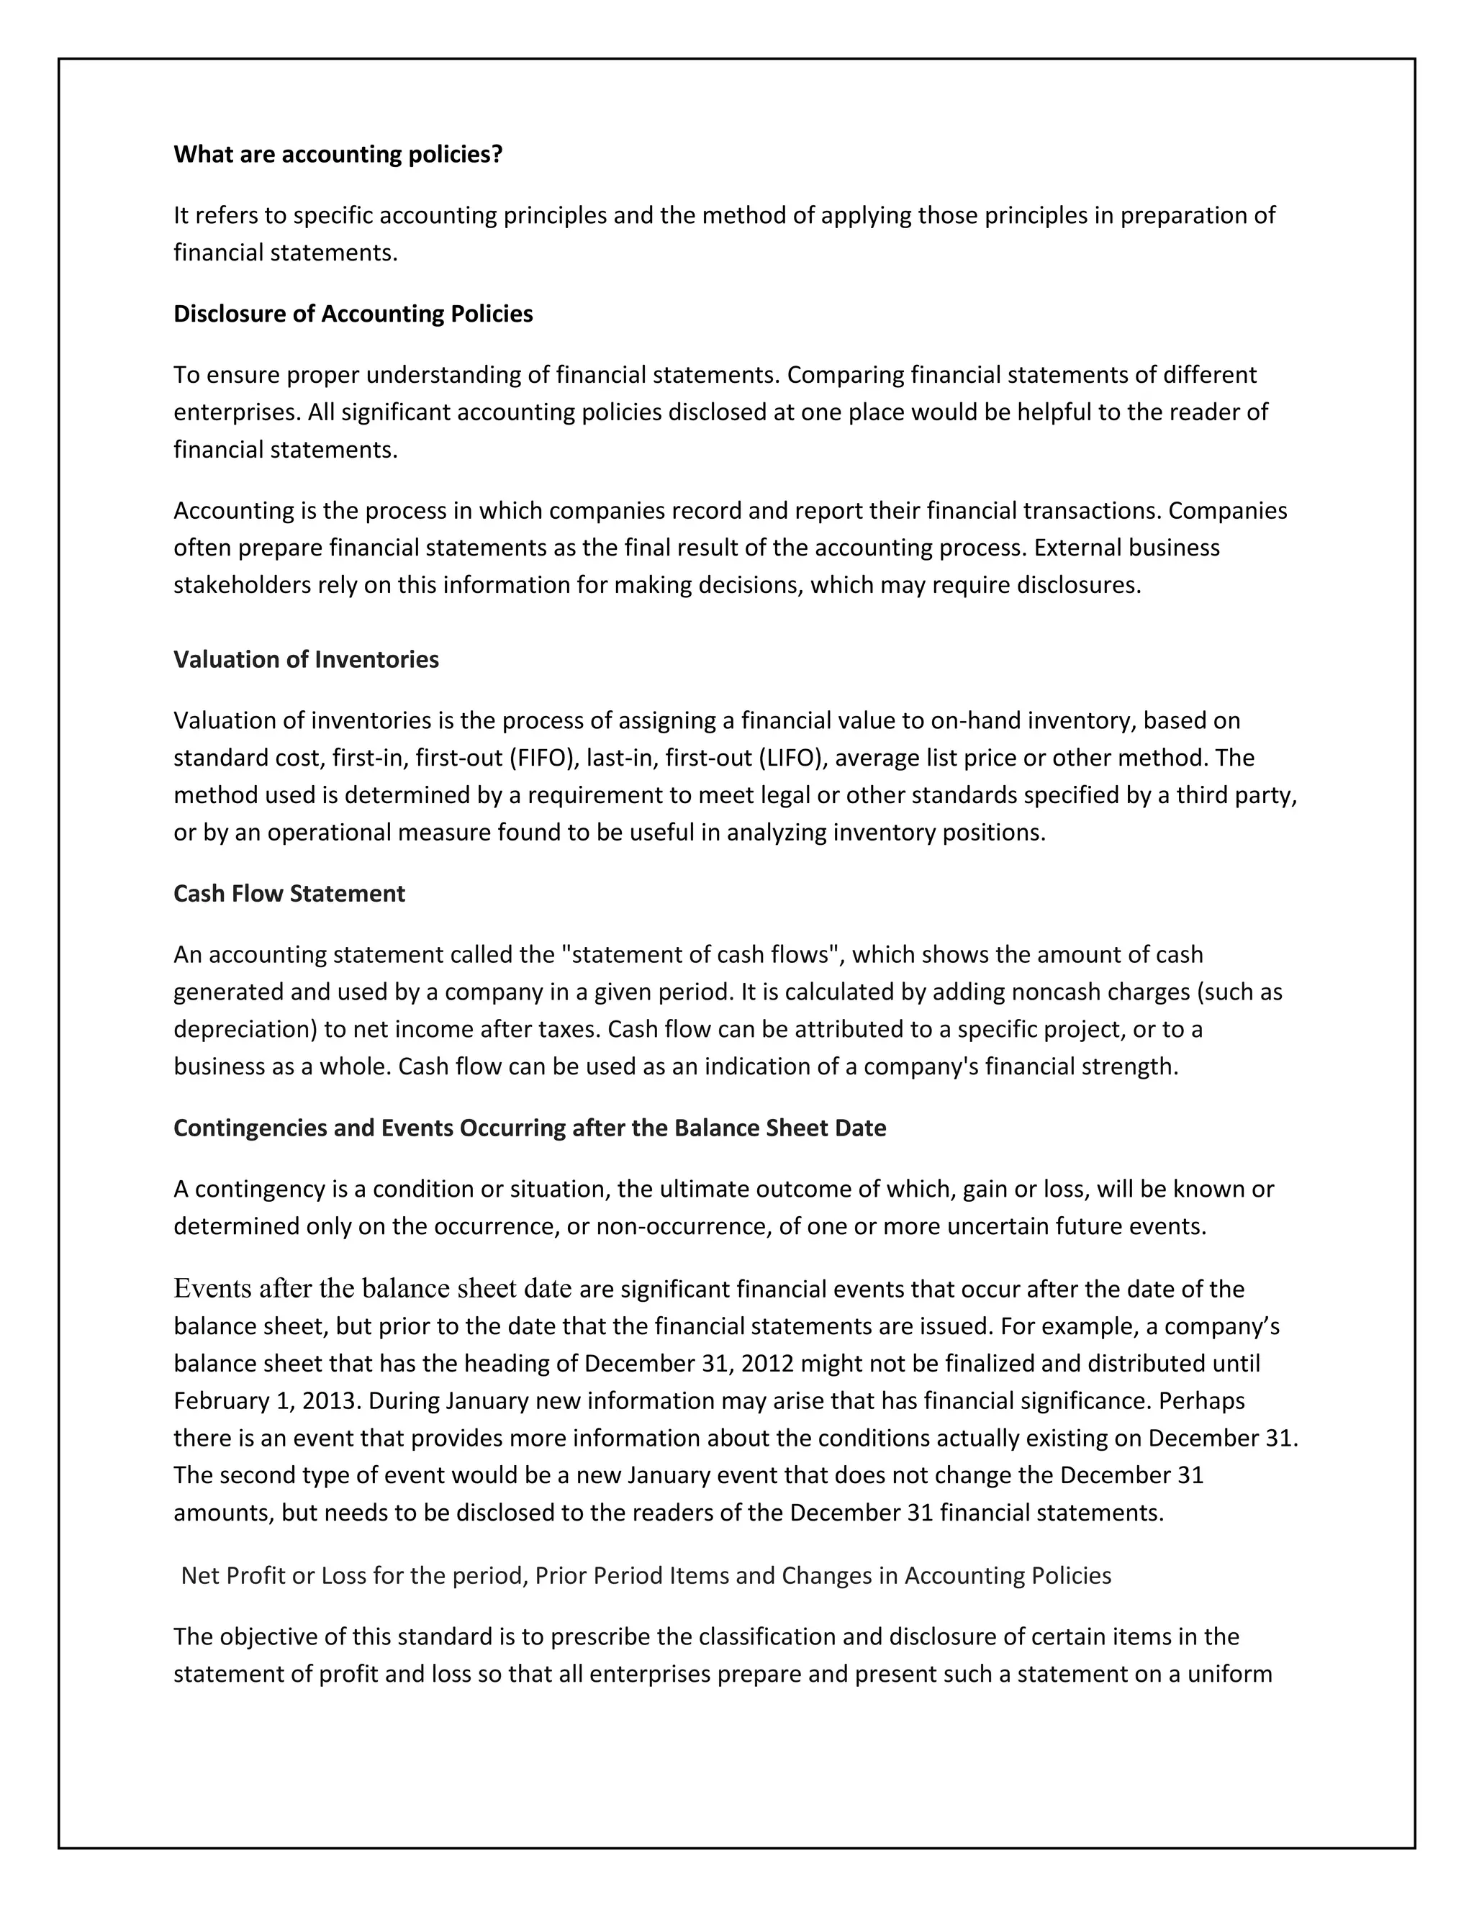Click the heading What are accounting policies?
[338, 155]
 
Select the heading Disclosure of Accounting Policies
[353, 314]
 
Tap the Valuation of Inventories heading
[306, 659]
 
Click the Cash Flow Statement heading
[289, 893]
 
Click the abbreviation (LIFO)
[794, 758]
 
